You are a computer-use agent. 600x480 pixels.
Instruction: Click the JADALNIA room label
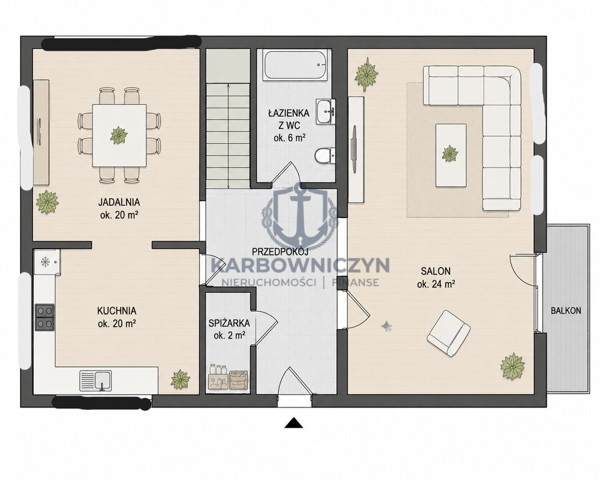119,202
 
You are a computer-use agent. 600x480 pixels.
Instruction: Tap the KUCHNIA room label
117,311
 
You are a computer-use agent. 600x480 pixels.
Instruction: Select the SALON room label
436,271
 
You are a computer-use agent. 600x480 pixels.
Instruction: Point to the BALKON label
566,311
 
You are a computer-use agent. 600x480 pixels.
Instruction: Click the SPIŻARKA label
229,323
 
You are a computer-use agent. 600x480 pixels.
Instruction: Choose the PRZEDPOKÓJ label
280,251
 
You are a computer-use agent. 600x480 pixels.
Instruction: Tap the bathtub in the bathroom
296,65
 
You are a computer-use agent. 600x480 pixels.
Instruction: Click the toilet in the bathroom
324,156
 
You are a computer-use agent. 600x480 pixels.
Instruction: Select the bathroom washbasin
326,111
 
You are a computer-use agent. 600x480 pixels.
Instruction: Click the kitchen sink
96,381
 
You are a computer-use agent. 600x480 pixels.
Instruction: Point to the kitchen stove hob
44,317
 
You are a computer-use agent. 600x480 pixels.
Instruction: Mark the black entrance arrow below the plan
294,422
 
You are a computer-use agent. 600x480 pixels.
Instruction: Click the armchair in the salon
449,333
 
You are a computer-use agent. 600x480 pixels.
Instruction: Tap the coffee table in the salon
451,155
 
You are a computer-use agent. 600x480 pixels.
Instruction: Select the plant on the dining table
119,135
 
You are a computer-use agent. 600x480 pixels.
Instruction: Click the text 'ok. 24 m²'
436,284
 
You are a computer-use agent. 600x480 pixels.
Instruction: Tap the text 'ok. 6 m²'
289,137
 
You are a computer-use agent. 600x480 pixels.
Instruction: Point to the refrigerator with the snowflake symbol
47,262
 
